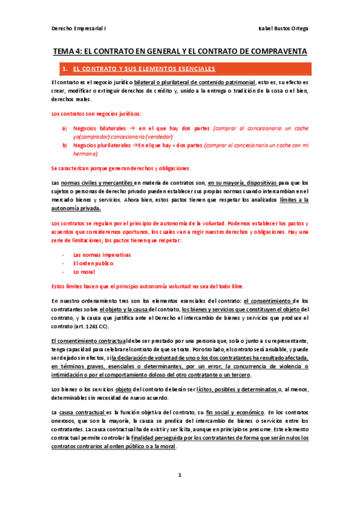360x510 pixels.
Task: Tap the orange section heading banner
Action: click(x=180, y=69)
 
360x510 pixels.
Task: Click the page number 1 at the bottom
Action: click(x=179, y=475)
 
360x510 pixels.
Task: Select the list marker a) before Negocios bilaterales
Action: click(x=64, y=129)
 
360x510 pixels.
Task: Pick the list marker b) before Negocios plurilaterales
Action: click(x=64, y=146)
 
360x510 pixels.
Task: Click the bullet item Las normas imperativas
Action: click(x=102, y=254)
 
